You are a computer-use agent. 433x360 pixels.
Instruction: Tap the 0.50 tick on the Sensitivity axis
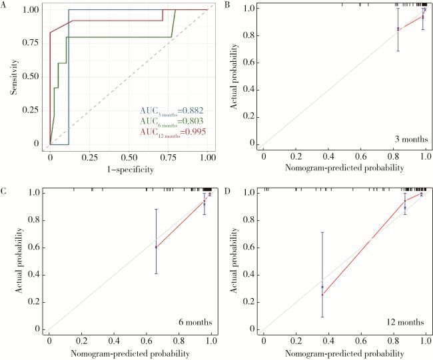[x=32, y=75]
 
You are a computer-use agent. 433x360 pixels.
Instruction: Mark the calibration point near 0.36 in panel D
[x=322, y=287]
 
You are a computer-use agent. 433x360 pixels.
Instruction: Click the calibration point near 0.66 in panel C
[x=156, y=247]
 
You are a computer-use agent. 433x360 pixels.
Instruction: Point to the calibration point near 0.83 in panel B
[x=398, y=29]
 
